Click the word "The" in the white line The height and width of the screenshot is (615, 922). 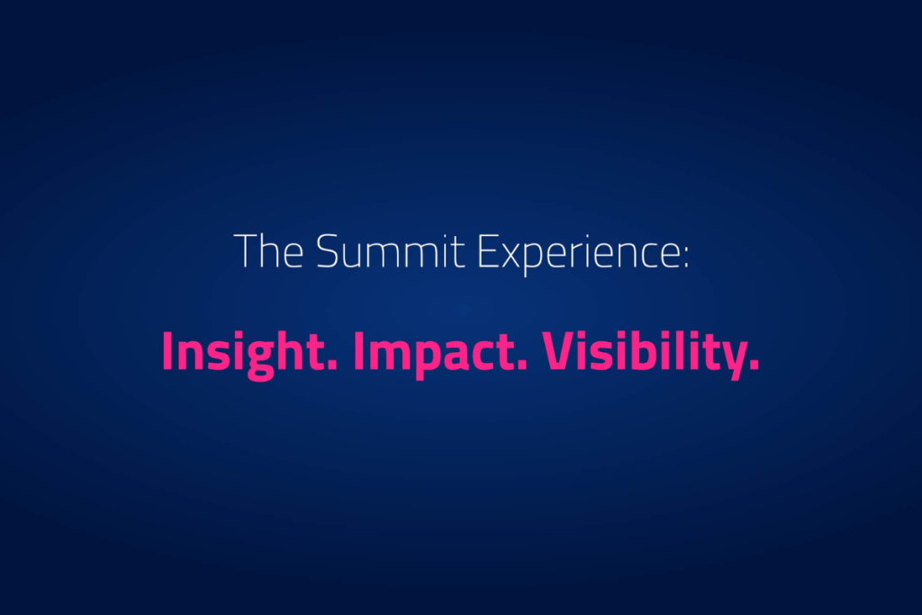tap(268, 251)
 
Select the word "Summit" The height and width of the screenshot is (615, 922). tap(391, 251)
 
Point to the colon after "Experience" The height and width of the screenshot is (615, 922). tap(685, 258)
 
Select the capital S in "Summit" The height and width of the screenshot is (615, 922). tap(328, 251)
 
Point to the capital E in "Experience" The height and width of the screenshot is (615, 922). tap(488, 251)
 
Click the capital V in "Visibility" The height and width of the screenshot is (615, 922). tap(561, 351)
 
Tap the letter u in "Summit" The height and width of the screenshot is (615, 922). tap(357, 258)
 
